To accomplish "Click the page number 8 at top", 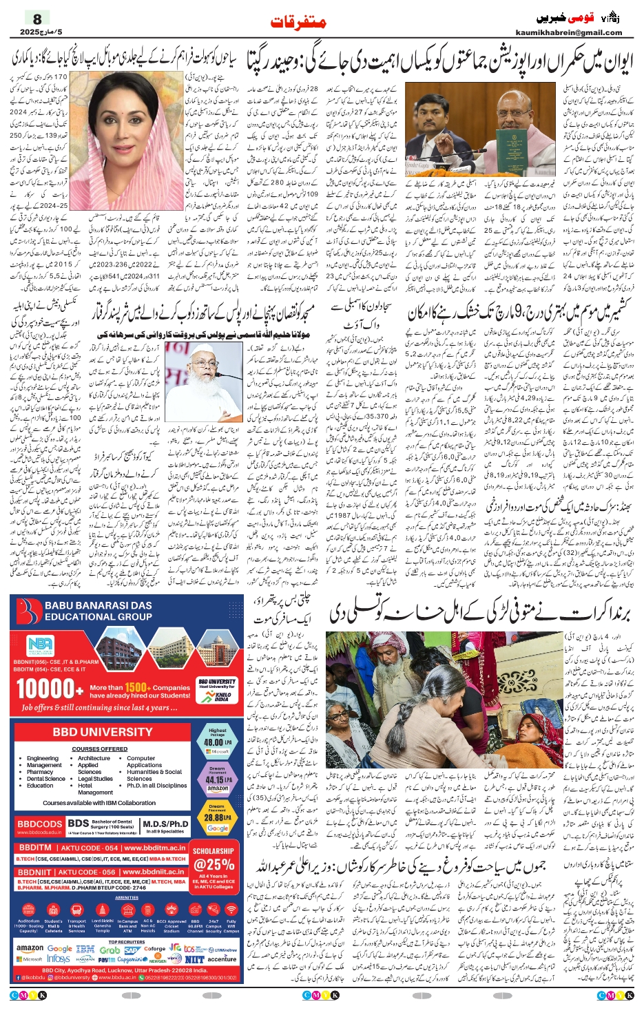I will click(37, 19).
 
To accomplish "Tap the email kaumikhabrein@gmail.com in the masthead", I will click(568, 32).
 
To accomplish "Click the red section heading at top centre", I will click(298, 23).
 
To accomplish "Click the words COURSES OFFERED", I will click(99, 749).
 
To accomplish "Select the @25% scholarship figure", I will click(214, 864).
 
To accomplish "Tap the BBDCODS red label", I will click(39, 824).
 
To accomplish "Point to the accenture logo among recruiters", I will click(222, 959).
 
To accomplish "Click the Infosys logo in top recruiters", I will click(59, 959).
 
